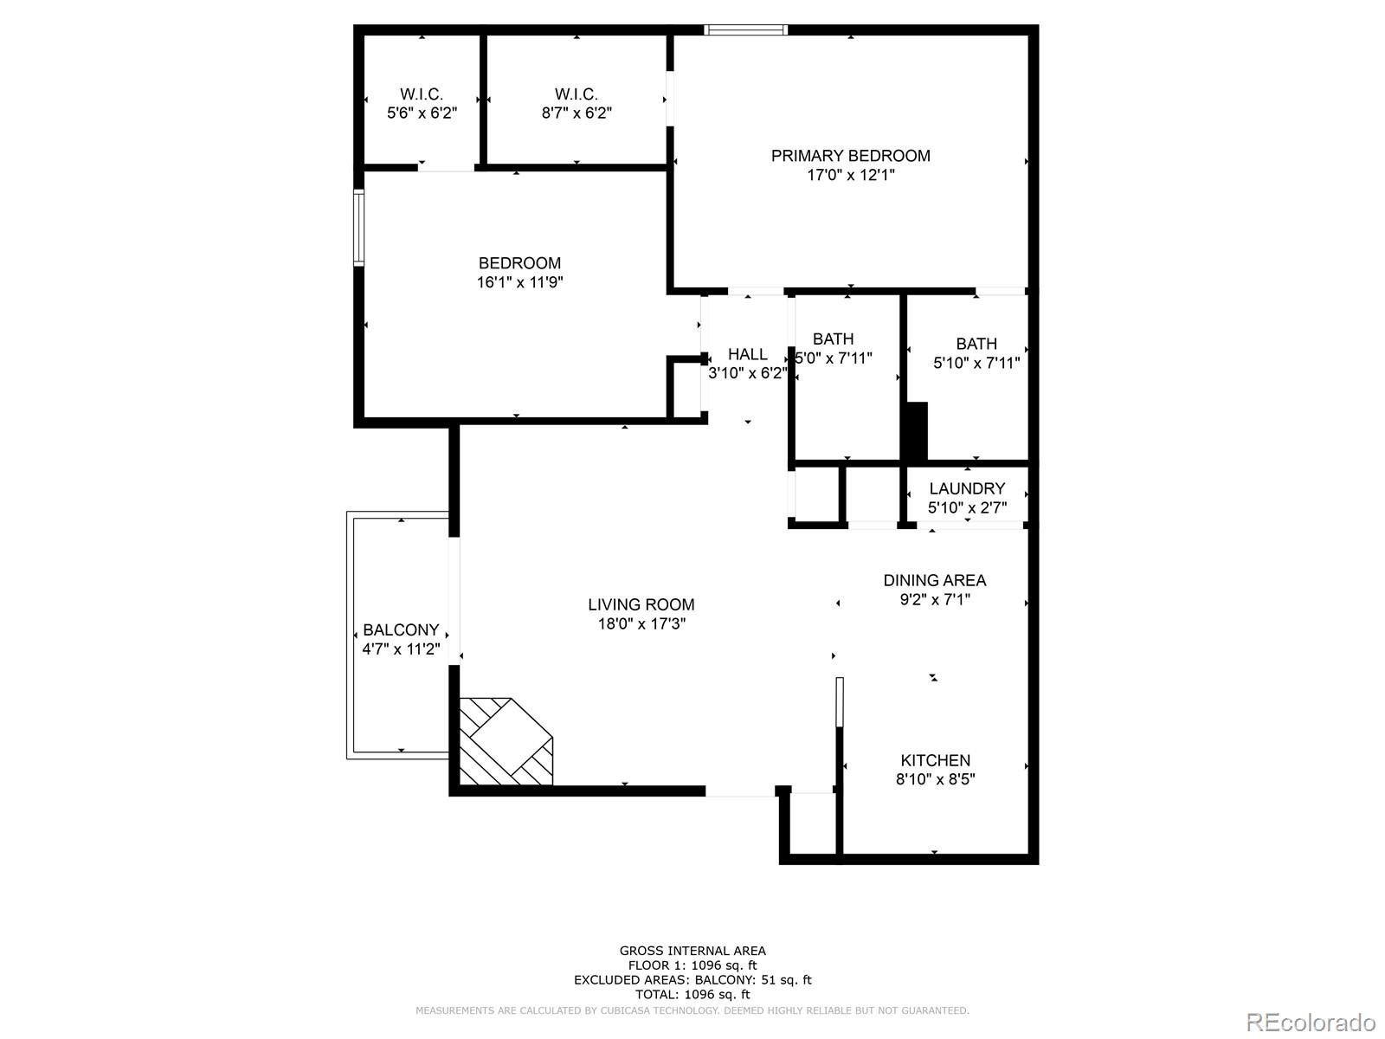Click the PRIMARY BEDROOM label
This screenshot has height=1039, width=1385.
pos(850,156)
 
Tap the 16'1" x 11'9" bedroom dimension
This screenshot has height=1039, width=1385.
pos(519,282)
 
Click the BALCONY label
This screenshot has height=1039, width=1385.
pos(401,630)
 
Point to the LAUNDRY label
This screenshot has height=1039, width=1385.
pos(967,488)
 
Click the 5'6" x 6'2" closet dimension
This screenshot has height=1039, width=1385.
pos(422,113)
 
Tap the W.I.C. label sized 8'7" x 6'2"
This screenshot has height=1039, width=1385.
pos(576,94)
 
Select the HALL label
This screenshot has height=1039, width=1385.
pos(747,354)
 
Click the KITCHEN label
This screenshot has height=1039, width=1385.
pos(935,760)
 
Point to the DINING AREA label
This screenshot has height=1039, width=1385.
pos(934,580)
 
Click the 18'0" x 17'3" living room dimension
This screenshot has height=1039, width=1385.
pos(641,623)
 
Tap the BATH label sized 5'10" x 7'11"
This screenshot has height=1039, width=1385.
pos(976,344)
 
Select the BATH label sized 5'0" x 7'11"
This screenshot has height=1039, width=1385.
pos(833,339)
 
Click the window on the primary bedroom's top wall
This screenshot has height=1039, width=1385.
pos(746,30)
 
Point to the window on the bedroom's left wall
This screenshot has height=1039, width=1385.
pos(358,227)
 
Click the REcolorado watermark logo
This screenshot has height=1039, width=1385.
pos(1311,1023)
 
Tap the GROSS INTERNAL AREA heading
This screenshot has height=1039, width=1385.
pos(692,951)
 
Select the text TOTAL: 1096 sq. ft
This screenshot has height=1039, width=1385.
pos(692,995)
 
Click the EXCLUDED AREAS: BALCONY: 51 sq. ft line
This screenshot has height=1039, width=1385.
pos(692,980)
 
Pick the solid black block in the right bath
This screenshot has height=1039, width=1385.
pos(915,431)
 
